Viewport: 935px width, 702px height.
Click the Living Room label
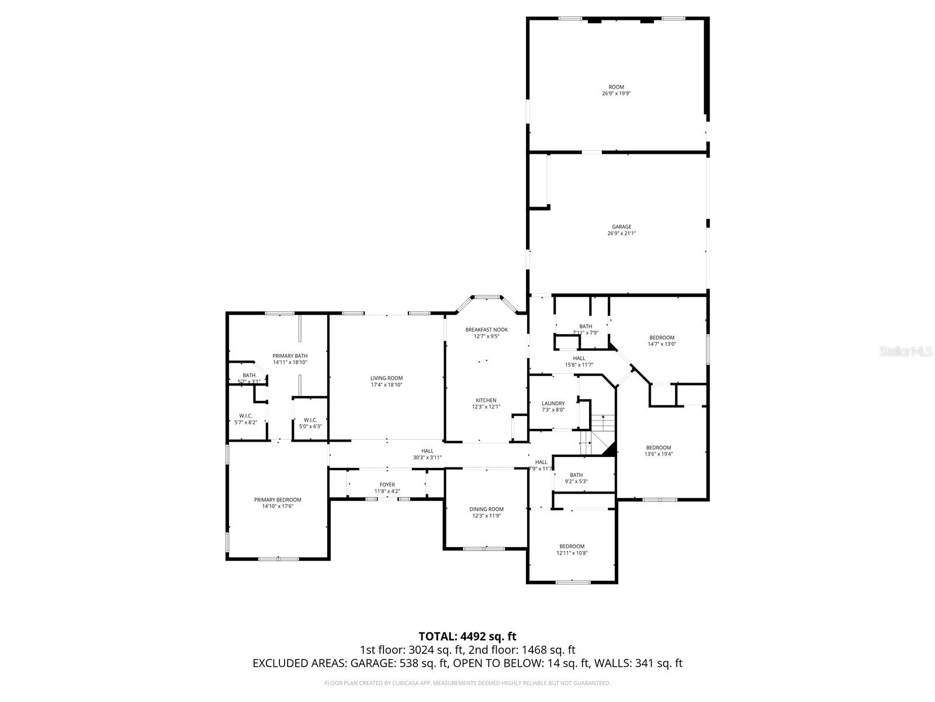[x=386, y=378]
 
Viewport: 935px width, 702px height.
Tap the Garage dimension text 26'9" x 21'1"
[x=621, y=233]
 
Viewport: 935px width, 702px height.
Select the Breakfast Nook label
[x=486, y=329]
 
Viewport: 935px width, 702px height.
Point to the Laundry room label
[x=553, y=403]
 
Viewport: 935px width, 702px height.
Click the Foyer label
[x=387, y=484]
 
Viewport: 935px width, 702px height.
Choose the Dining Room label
[x=486, y=509]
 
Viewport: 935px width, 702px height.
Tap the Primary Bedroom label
[x=278, y=500]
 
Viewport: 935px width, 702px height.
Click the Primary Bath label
[x=290, y=356]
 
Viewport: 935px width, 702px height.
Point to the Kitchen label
[x=486, y=401]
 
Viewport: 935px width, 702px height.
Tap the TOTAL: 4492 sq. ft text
[x=467, y=636]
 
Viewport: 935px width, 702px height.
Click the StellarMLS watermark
[x=906, y=351]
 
